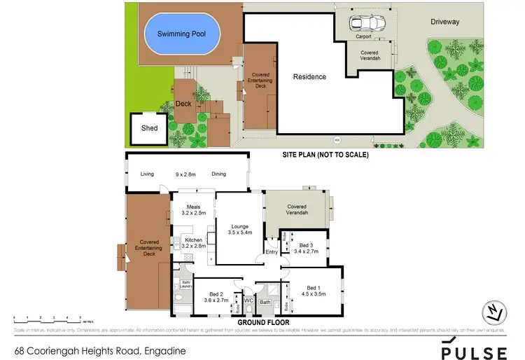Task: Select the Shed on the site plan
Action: [x=149, y=128]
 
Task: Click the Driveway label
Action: [x=445, y=22]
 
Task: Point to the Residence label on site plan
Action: [x=309, y=77]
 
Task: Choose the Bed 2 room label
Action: [x=216, y=293]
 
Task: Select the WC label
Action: [x=248, y=300]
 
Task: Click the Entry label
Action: [x=271, y=252]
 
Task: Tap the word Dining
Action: [x=218, y=174]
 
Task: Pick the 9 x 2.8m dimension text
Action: [x=185, y=174]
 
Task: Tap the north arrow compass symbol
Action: [x=496, y=312]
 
